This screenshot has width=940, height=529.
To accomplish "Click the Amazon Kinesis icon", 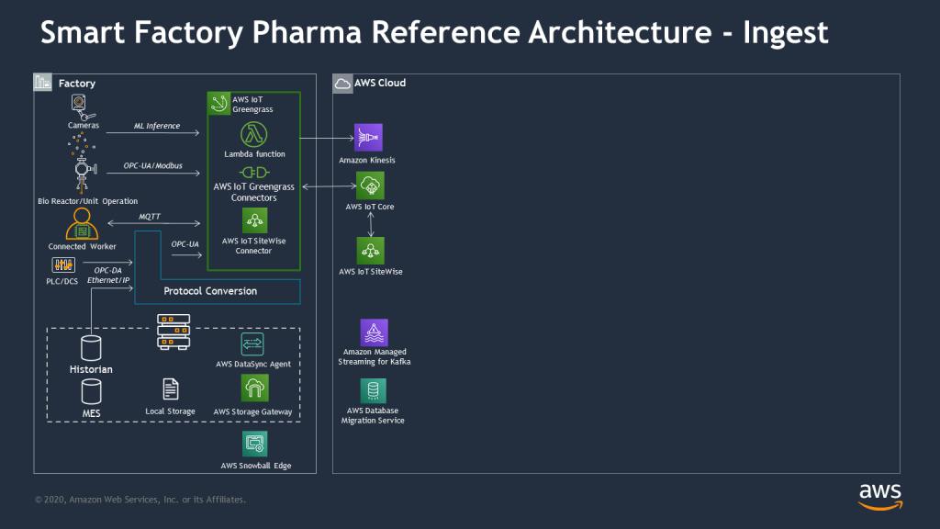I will click(x=369, y=137).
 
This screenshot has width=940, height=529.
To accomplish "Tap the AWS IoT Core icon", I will click(x=370, y=186).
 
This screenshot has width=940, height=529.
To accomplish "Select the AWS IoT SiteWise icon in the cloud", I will click(x=370, y=251).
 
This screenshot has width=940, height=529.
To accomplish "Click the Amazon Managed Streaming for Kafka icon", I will click(x=374, y=332).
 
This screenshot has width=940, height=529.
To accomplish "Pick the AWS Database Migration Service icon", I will click(x=374, y=391).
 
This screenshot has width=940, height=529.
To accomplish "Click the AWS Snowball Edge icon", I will click(x=255, y=445).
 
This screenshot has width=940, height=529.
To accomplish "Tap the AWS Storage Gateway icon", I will click(x=254, y=388).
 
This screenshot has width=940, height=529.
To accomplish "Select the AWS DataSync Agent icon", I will click(x=253, y=343).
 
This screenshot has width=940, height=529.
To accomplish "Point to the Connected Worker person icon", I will click(x=82, y=224).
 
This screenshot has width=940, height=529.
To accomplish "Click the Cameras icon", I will click(x=82, y=105).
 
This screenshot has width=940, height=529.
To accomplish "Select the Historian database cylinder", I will click(x=91, y=348).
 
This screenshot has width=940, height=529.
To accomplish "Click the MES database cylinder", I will click(x=91, y=393).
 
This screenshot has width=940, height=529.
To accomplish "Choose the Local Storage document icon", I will click(x=170, y=388).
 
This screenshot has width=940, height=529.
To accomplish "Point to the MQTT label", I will click(x=151, y=217).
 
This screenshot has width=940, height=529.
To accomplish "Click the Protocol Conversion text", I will click(x=210, y=291).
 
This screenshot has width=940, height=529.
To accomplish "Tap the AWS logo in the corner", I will click(x=879, y=495).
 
